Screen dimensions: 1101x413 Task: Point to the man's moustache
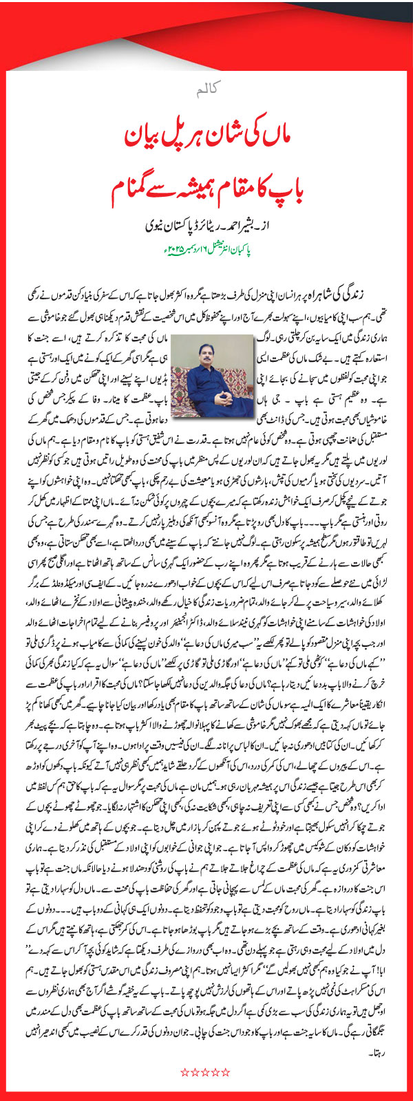pos(204,353)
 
